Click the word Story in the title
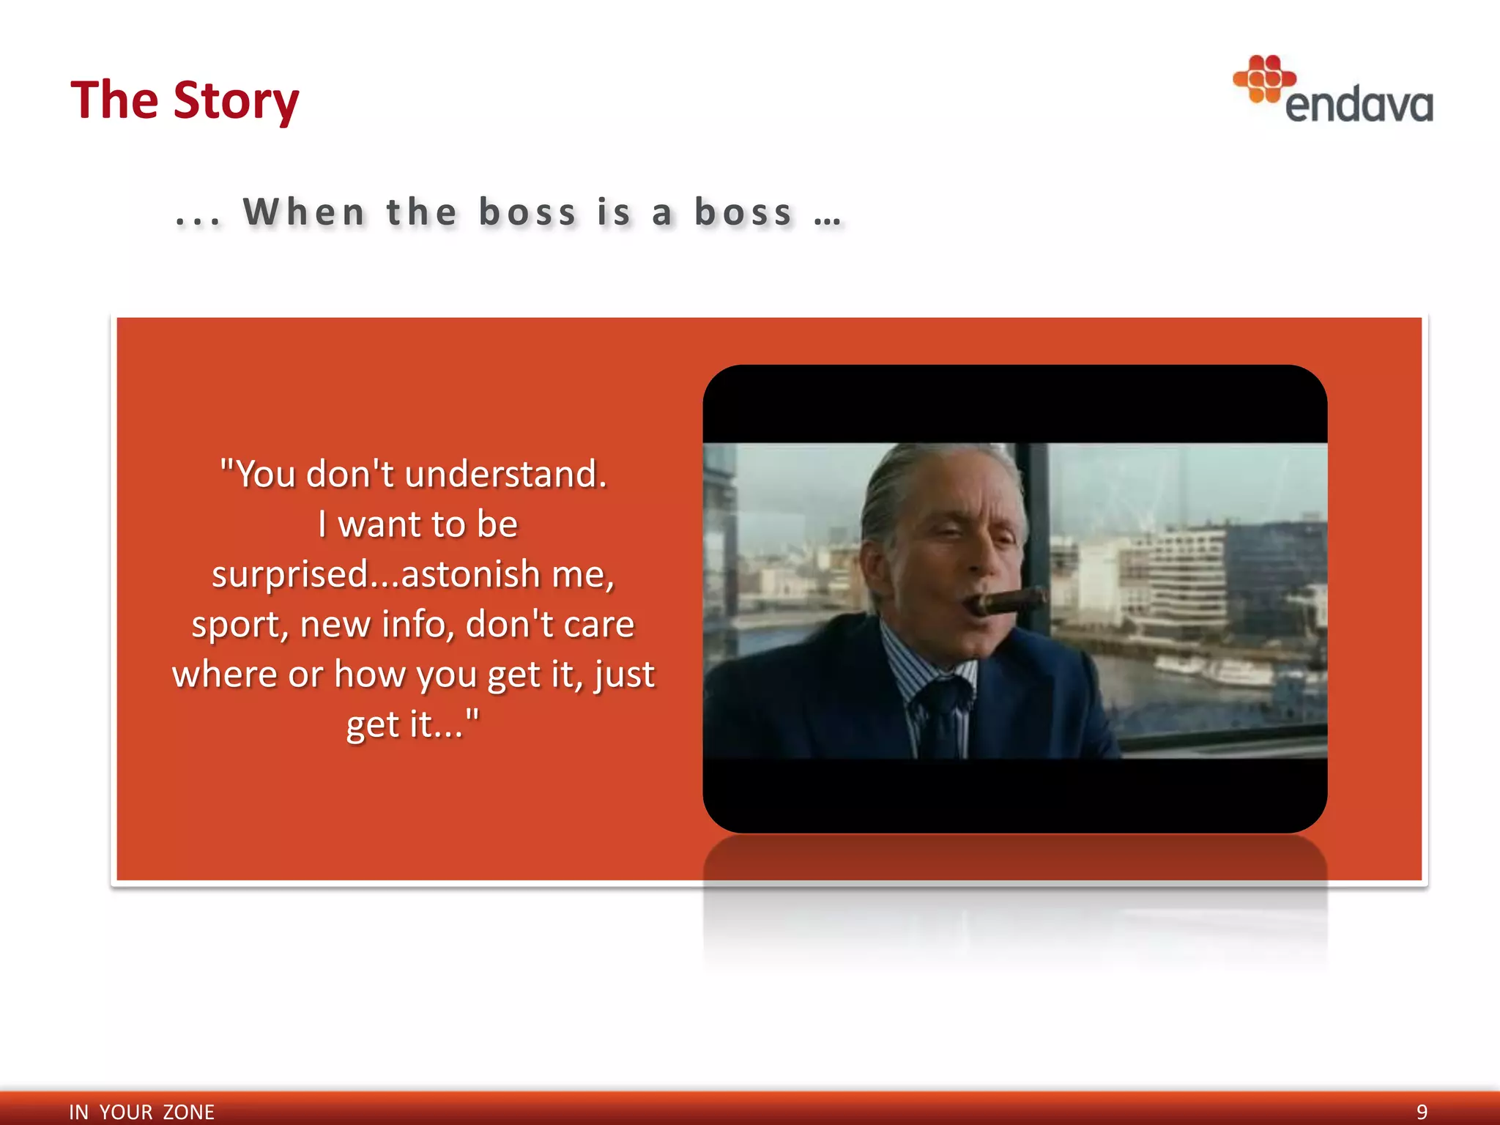coord(236,101)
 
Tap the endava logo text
coord(1359,105)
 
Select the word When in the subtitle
coord(304,212)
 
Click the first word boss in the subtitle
coord(527,212)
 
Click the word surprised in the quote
coord(289,574)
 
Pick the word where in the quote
coord(224,675)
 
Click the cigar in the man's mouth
coord(1007,602)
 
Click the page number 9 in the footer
coord(1422,1112)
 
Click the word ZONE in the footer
coord(188,1112)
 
